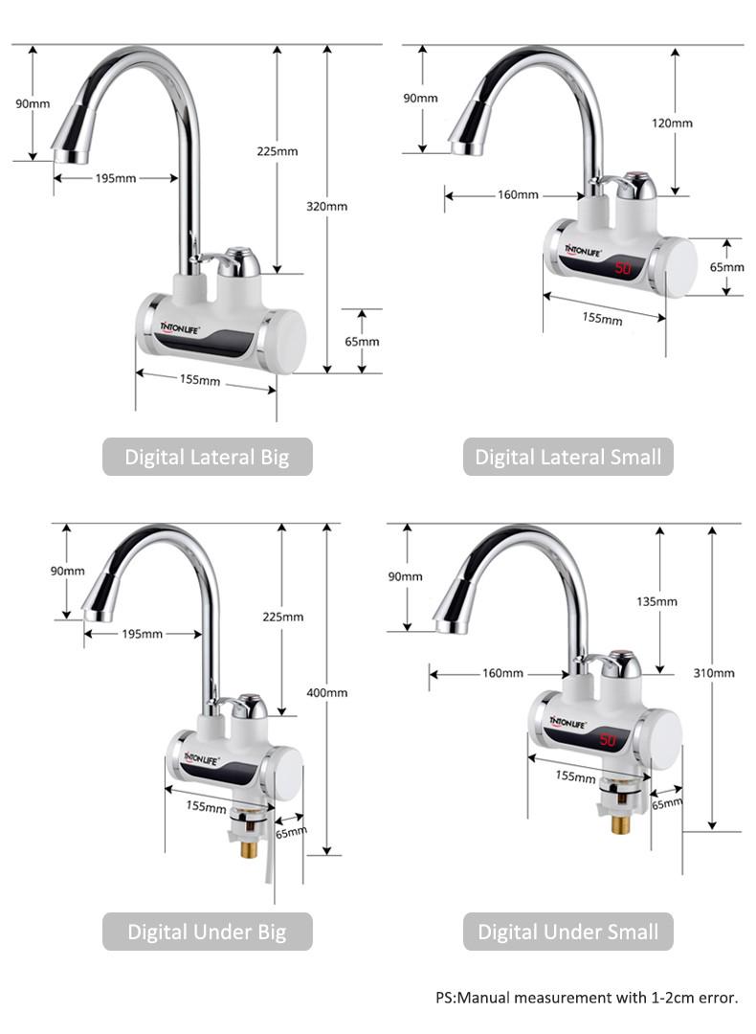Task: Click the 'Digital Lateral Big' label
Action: pyautogui.click(x=208, y=457)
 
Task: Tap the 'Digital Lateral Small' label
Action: pyautogui.click(x=567, y=457)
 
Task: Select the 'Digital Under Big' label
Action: pyautogui.click(x=207, y=932)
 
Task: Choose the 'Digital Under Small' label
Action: pyautogui.click(x=567, y=932)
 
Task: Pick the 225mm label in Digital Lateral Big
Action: pyautogui.click(x=278, y=151)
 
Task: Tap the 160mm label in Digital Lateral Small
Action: pyautogui.click(x=518, y=195)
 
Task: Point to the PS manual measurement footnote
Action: pyautogui.click(x=587, y=998)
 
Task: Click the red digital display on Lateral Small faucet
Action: pyautogui.click(x=623, y=269)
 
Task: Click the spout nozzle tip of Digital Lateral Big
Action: pyautogui.click(x=70, y=154)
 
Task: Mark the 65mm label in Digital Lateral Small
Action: pyautogui.click(x=726, y=267)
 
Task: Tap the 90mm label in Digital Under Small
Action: pyautogui.click(x=405, y=576)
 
